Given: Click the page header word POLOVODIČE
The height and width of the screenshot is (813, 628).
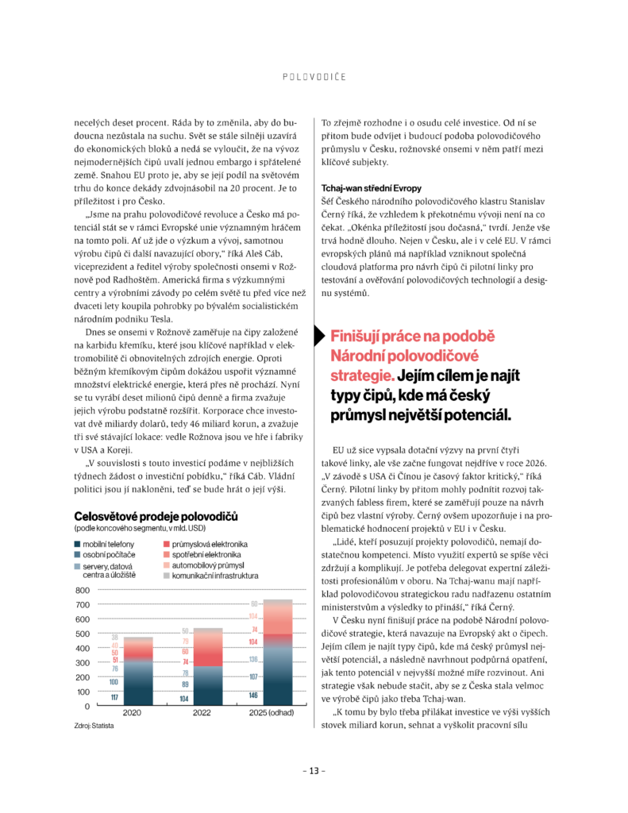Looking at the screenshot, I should coord(314,77).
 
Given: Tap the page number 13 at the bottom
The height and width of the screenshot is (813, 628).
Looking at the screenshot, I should coord(314,771).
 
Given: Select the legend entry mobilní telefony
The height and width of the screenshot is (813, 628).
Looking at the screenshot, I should coord(106,542).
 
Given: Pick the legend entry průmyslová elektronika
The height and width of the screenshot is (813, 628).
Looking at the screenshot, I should coord(204,542).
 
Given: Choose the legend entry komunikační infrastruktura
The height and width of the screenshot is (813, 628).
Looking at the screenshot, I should coord(215,574).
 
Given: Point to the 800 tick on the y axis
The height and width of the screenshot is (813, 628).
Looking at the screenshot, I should coord(83,591).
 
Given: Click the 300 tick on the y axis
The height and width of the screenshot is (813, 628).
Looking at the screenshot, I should coord(83,663).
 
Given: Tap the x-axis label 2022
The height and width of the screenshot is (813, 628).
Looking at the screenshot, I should coord(203,714).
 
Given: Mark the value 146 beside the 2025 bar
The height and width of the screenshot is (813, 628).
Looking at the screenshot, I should coord(253,695).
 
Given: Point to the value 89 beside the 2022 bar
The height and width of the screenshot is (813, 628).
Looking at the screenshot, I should coord(184,684).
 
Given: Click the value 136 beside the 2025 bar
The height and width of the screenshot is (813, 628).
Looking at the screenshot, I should coord(253,660).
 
